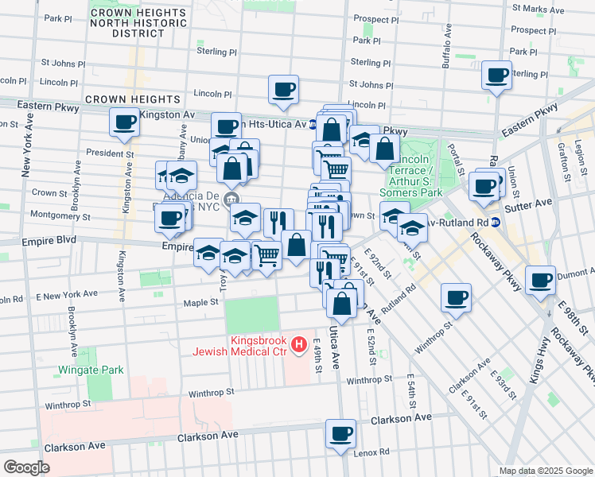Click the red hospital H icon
pyautogui.click(x=299, y=343)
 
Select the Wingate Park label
pyautogui.click(x=91, y=370)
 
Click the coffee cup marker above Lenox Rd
pyautogui.click(x=341, y=434)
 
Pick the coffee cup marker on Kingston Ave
pyautogui.click(x=124, y=122)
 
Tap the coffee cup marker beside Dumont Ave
pyautogui.click(x=541, y=280)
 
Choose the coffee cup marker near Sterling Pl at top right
pyautogui.click(x=497, y=76)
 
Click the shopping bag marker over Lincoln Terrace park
pyautogui.click(x=384, y=149)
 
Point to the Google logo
pyautogui.click(x=26, y=467)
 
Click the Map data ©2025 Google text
pyautogui.click(x=545, y=471)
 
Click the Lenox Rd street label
pyautogui.click(x=372, y=452)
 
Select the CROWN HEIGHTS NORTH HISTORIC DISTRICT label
pyautogui.click(x=138, y=24)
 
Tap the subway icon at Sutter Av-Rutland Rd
pyautogui.click(x=495, y=222)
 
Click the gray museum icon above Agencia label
pyautogui.click(x=231, y=198)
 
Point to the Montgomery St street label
pyautogui.click(x=55, y=215)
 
